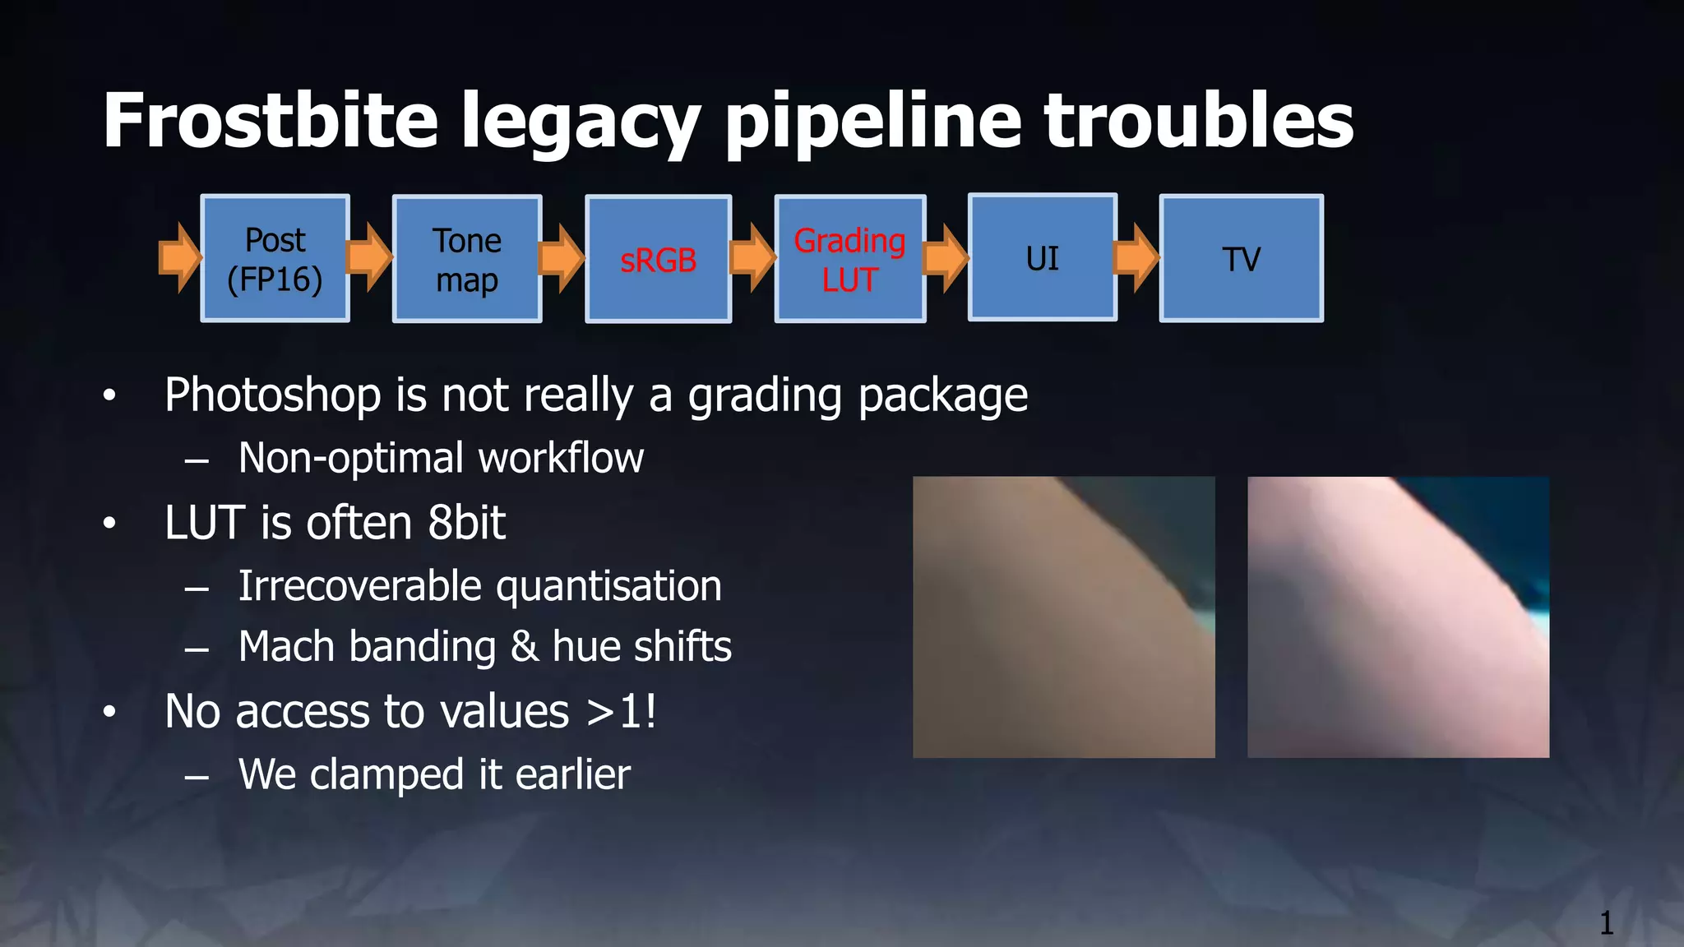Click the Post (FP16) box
[275, 259]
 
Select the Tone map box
[467, 259]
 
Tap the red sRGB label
[658, 261]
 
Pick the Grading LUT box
[850, 259]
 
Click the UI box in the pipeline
[1042, 258]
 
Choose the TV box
[1241, 259]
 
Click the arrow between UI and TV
[1137, 258]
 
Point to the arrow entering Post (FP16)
[179, 257]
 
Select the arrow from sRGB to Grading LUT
[752, 257]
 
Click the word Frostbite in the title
[270, 121]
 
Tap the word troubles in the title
[1198, 121]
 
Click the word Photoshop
[272, 395]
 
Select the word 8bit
[466, 523]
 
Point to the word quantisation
[608, 587]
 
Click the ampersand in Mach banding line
[525, 647]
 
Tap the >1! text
[622, 711]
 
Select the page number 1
[1606, 923]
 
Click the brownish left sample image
[1063, 617]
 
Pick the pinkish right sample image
[1398, 617]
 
